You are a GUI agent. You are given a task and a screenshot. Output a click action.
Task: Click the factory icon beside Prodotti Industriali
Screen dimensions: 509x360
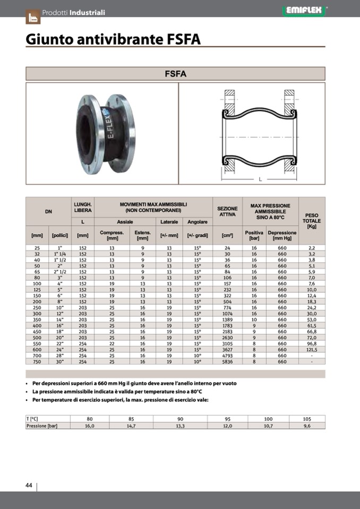click(x=33, y=16)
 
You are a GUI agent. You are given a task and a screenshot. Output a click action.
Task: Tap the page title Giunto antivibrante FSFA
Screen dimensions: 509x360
click(x=113, y=40)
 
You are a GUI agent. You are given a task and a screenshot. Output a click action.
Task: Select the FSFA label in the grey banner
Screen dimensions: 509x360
click(x=175, y=74)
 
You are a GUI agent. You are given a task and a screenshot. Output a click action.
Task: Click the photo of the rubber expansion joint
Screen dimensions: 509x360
click(x=105, y=133)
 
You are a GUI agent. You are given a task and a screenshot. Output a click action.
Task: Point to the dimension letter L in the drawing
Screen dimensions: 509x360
click(x=260, y=179)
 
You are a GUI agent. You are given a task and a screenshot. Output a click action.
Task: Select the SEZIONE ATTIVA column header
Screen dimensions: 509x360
click(x=227, y=211)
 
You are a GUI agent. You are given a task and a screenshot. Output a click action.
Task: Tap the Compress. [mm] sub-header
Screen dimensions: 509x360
click(x=112, y=235)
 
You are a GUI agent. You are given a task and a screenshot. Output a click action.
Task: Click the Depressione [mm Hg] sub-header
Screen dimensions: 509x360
click(x=282, y=235)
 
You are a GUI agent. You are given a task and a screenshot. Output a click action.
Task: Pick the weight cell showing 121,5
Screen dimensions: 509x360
click(x=312, y=350)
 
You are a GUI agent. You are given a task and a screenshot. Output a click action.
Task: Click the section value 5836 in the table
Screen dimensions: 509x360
click(x=227, y=361)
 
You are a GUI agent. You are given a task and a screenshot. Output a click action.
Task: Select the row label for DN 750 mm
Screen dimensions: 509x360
click(x=37, y=361)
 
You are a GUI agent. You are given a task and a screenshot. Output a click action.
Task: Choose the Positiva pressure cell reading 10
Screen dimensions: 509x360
click(x=254, y=320)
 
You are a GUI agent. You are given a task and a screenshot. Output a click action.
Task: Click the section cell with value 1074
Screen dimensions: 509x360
click(x=227, y=314)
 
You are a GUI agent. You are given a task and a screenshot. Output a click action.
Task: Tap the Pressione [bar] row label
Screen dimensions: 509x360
click(x=41, y=426)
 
